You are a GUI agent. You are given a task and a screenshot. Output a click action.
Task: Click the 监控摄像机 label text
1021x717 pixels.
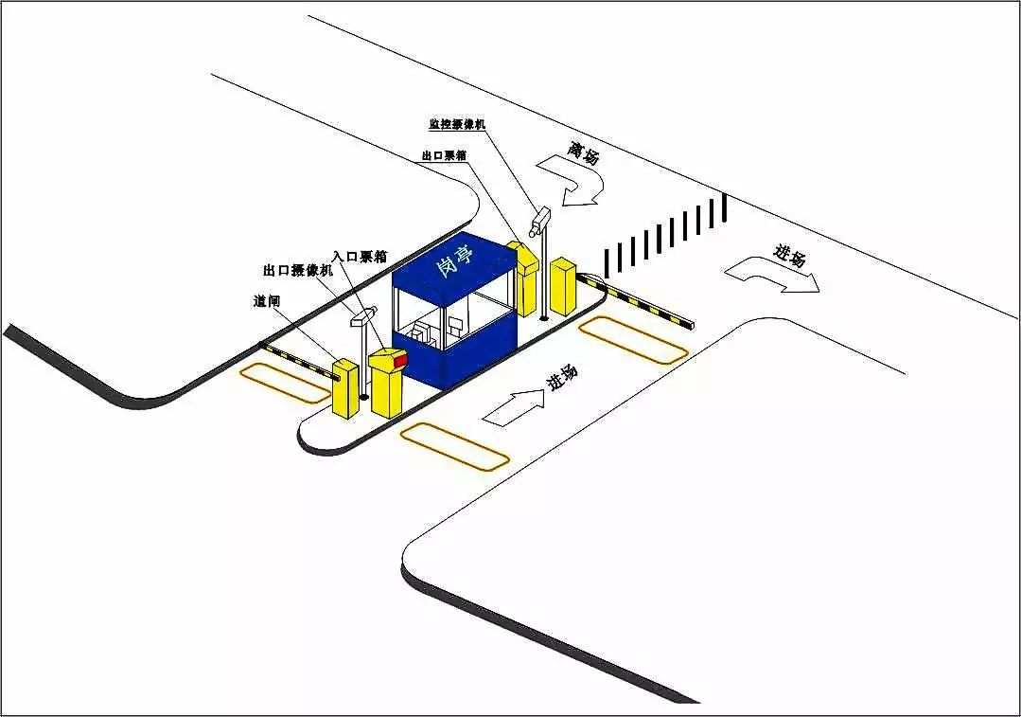[x=457, y=124]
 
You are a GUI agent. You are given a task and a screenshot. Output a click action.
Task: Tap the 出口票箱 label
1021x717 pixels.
[x=444, y=155]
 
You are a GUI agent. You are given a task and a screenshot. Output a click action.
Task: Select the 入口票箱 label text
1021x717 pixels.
[x=360, y=256]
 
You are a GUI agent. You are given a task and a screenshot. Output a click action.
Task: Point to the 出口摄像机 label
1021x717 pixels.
[x=298, y=270]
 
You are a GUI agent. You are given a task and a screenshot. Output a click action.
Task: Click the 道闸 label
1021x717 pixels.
[x=266, y=301]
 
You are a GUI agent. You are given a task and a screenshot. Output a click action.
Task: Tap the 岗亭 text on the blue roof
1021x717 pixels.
[x=455, y=260]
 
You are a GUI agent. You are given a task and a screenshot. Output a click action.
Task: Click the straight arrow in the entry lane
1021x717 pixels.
[x=514, y=408]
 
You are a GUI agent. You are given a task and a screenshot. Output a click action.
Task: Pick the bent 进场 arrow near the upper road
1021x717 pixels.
[x=771, y=273]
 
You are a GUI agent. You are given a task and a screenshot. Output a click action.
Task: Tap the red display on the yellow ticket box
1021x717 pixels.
[x=400, y=360]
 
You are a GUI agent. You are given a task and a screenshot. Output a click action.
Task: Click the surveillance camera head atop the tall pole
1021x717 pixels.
[x=539, y=219]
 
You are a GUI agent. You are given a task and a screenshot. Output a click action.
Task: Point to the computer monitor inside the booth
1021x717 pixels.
[x=455, y=323]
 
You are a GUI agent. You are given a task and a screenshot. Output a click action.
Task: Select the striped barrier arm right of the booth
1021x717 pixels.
[x=635, y=300]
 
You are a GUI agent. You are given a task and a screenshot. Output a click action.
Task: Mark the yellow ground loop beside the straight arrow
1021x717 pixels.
[x=454, y=446]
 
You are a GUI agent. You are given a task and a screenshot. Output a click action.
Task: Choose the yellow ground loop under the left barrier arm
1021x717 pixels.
[x=285, y=384]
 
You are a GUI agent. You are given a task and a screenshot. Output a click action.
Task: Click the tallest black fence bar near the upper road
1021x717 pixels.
[x=725, y=207]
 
